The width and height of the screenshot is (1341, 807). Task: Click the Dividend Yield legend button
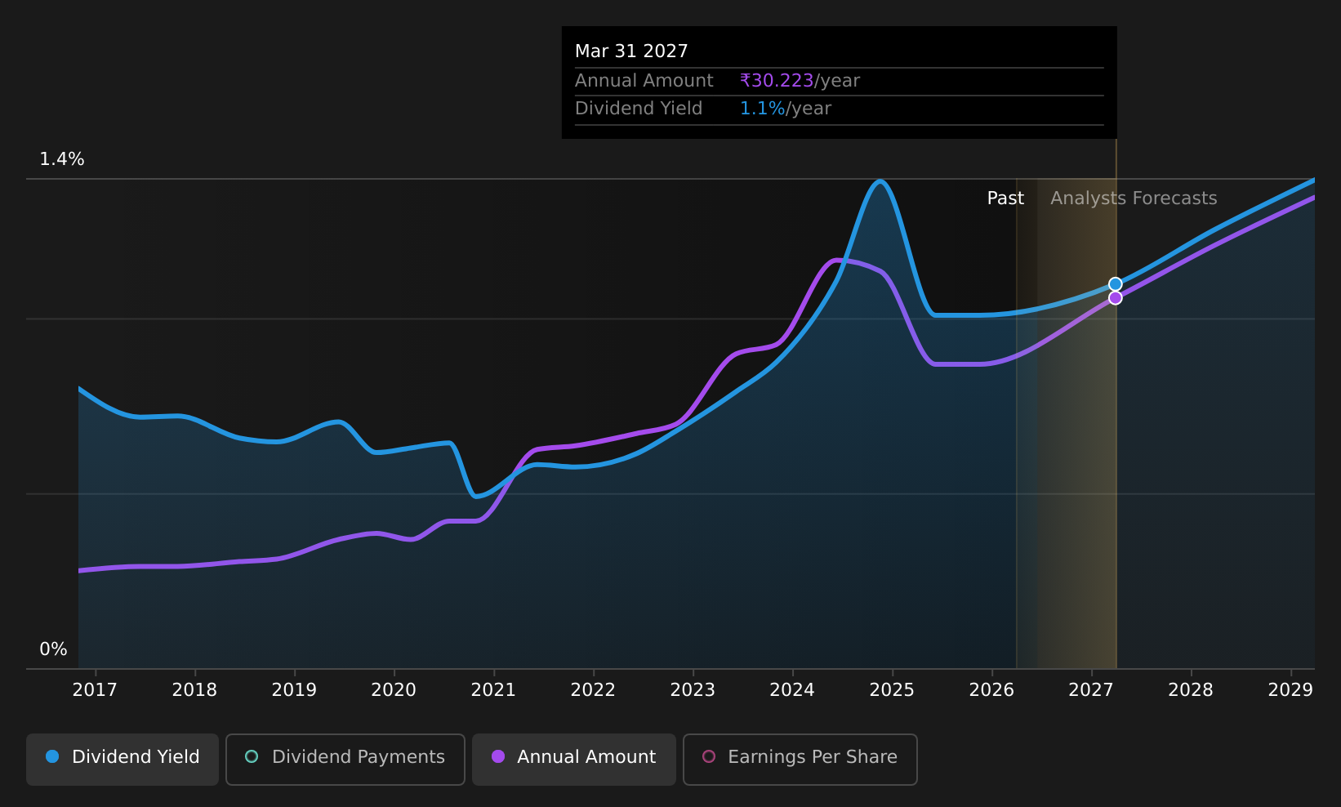[123, 759]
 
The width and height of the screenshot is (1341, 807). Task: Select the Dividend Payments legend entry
[345, 759]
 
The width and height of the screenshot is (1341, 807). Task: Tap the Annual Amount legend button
[573, 759]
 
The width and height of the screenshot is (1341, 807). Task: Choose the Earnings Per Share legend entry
[800, 759]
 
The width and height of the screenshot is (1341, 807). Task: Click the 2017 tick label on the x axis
[95, 690]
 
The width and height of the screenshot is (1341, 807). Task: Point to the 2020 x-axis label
[394, 690]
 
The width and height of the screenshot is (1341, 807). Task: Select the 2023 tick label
[693, 690]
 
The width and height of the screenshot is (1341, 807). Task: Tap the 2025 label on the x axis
[892, 690]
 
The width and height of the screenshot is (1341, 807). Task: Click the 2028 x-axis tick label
[1191, 690]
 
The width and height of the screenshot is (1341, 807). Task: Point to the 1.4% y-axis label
[62, 159]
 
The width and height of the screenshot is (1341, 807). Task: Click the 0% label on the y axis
[53, 649]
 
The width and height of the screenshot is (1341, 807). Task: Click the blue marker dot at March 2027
[1116, 284]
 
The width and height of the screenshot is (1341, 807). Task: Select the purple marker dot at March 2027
[1116, 297]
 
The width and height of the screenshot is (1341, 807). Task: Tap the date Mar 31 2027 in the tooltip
[631, 51]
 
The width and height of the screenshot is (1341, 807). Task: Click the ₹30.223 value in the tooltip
[777, 81]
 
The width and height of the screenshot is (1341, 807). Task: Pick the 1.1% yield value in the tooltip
[762, 109]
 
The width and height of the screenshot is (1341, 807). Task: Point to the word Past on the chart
[1005, 198]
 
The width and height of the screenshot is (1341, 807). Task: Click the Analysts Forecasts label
[1134, 198]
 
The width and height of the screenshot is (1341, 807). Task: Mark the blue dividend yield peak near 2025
[880, 181]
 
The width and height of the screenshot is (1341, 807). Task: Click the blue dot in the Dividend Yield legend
[53, 756]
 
